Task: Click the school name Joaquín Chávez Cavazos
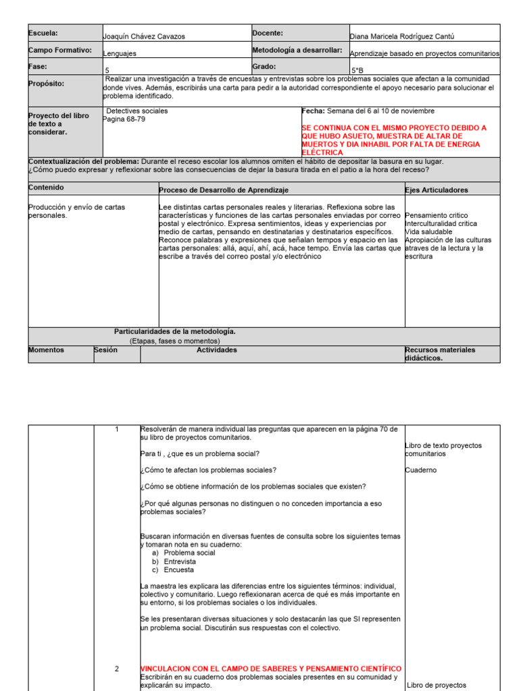point(144,36)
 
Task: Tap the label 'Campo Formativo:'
point(60,51)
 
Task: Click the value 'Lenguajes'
point(120,53)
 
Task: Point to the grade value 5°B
point(356,70)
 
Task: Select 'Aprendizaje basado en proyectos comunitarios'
point(424,53)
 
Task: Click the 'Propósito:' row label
point(47,84)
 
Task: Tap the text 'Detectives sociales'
point(137,111)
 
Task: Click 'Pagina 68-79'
point(124,119)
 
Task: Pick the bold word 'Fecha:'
point(313,111)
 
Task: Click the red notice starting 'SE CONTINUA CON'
point(403,140)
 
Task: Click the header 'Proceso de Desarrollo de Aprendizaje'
point(224,190)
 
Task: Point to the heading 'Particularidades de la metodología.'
point(175,331)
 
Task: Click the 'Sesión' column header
point(105,350)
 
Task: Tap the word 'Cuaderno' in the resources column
point(421,470)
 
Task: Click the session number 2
point(116,669)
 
